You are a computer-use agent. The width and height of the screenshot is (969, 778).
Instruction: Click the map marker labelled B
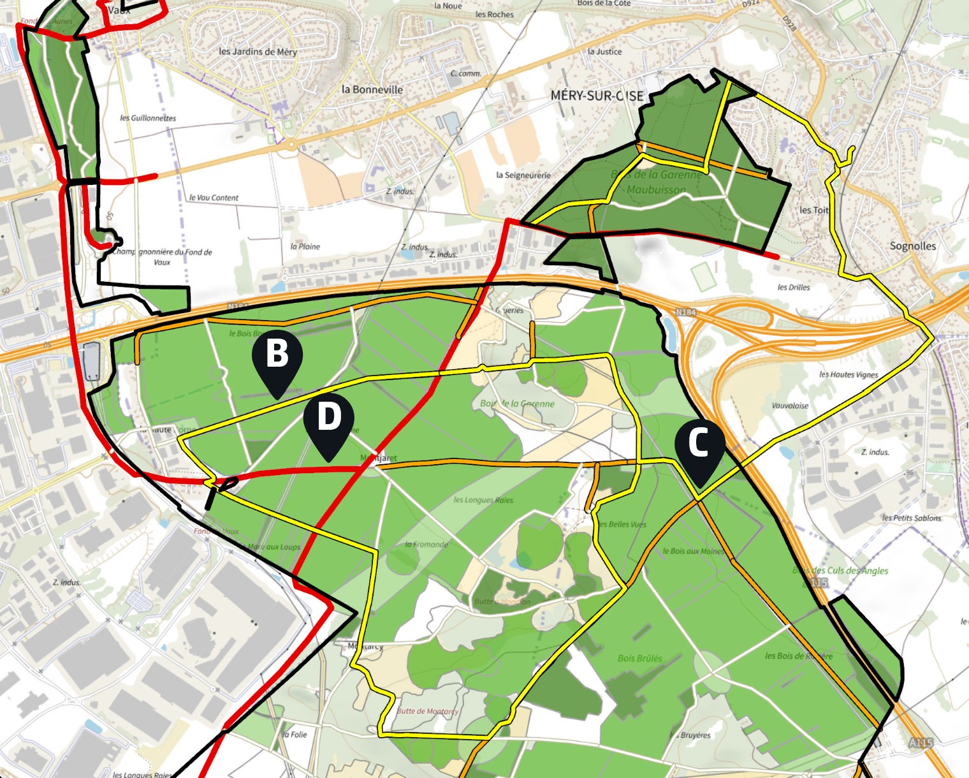277,354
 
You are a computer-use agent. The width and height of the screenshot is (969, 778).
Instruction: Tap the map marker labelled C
699,443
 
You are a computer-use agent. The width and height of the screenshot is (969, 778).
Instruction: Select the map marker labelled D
328,417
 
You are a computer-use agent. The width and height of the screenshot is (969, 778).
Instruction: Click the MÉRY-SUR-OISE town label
597,96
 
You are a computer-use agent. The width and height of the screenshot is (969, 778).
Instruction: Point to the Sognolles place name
912,246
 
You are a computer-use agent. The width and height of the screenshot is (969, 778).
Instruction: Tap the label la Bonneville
372,90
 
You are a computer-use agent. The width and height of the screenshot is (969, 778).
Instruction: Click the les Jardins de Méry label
258,52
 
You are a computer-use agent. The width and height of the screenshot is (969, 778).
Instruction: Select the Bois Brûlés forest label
639,658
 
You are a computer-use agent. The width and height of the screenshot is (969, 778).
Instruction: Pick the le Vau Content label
214,198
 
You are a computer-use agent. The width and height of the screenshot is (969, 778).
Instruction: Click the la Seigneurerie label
523,175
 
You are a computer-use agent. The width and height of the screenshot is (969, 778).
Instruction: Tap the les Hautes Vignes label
849,374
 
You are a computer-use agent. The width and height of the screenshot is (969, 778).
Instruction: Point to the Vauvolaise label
790,406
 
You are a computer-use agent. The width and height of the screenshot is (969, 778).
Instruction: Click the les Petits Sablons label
911,518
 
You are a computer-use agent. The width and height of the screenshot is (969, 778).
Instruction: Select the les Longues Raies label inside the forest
483,500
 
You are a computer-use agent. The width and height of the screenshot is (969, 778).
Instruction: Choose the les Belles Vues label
622,524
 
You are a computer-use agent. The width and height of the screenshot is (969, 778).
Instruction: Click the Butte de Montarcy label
427,711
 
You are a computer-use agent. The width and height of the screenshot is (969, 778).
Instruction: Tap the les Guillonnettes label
148,118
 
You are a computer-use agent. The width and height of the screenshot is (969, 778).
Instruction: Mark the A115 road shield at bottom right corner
921,742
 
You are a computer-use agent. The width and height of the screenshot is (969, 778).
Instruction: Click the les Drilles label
794,288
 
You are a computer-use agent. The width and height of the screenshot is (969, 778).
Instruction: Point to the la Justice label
604,52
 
